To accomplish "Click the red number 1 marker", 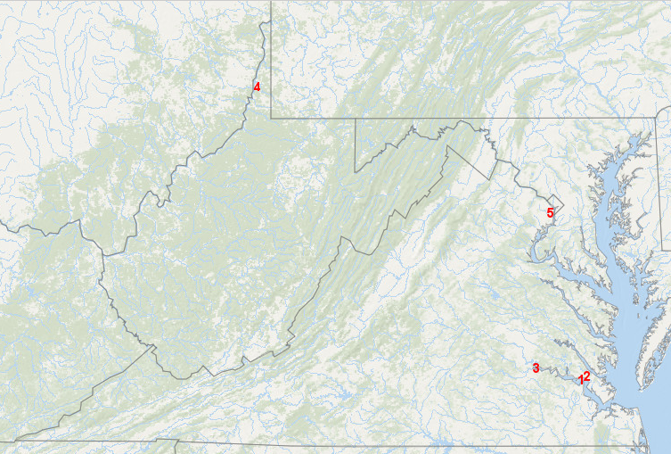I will point(581,380).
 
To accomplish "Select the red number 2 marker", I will point(586,376).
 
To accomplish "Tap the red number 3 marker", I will point(536,367).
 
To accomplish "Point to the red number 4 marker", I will point(257,87).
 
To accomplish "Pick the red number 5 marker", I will point(550,212).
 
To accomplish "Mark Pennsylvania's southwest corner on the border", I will point(271,115).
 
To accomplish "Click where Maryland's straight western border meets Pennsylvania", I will point(356,118).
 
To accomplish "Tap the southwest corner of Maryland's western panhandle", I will point(356,171).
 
